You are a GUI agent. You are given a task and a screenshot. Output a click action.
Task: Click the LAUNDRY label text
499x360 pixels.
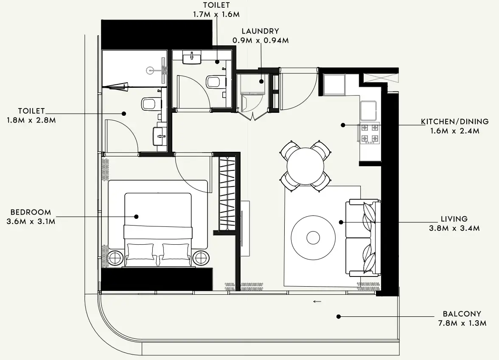click(261, 31)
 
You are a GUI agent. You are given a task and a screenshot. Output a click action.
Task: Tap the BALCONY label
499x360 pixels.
click(462, 314)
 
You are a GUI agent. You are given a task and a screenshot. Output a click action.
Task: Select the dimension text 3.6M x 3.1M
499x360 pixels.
click(31, 221)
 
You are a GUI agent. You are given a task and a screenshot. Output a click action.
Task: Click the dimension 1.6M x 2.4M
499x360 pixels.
click(455, 131)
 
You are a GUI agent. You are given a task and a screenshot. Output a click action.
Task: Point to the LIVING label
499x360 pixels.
click(454, 219)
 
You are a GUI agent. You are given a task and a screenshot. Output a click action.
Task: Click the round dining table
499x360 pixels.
click(305, 166)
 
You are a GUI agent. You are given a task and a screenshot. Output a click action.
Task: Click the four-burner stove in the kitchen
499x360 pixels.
click(370, 133)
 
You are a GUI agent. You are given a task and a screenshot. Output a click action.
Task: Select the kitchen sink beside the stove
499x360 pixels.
click(368, 110)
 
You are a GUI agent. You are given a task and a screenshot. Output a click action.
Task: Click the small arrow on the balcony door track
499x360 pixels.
click(317, 301)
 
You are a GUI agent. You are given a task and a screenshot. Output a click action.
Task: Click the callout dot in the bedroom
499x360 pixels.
click(136, 217)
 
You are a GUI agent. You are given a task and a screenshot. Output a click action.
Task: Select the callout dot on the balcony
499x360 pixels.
click(339, 316)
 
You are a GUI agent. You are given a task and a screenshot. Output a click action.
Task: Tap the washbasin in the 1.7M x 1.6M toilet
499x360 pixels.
click(192, 58)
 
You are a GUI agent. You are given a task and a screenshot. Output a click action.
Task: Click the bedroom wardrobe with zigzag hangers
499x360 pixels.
click(227, 193)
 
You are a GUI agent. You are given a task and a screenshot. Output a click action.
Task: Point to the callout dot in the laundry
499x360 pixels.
click(261, 81)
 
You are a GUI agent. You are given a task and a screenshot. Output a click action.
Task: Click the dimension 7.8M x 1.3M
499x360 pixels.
click(462, 323)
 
